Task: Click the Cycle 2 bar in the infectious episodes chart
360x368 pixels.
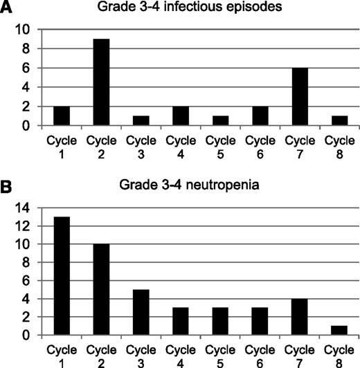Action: [99, 82]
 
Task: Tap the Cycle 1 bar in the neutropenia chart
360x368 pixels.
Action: [60, 276]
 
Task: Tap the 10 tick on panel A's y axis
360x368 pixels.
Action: [24, 29]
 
